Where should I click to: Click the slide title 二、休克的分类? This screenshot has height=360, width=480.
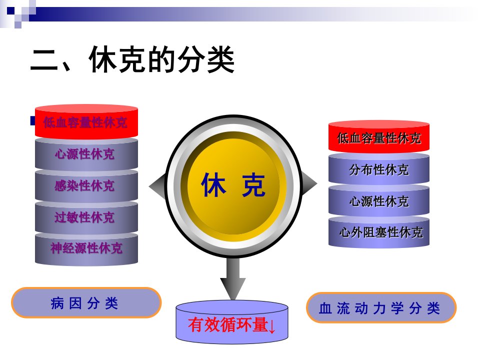[132, 59]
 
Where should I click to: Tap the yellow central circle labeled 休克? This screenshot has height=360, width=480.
[233, 184]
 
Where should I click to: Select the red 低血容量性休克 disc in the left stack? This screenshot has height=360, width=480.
[86, 122]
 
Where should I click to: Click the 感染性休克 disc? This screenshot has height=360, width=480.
[86, 185]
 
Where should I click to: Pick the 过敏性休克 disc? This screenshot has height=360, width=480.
[86, 217]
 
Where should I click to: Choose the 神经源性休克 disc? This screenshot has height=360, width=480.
[86, 248]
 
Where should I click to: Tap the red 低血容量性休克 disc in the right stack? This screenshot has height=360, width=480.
[379, 137]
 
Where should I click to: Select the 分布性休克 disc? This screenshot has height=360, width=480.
[379, 169]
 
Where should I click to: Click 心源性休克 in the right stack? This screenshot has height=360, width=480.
[379, 201]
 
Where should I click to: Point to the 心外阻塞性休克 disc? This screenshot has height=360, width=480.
[379, 232]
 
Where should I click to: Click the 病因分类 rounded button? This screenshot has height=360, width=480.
[86, 303]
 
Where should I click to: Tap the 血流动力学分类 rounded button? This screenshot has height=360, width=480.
[381, 307]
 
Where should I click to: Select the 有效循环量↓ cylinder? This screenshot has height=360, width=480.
[231, 321]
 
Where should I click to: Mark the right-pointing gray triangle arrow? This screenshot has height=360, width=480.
[308, 183]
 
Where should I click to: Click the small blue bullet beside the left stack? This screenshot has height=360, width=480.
[33, 120]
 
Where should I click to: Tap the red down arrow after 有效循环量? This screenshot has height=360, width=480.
[272, 326]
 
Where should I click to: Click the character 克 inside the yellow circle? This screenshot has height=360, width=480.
[253, 184]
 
